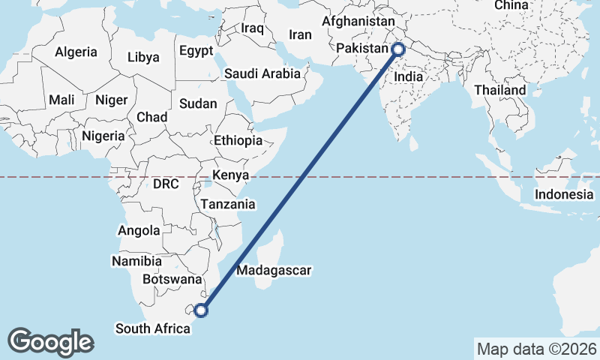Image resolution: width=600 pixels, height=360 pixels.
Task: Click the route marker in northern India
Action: [x=398, y=50]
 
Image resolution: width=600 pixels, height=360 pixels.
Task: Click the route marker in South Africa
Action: [x=200, y=310]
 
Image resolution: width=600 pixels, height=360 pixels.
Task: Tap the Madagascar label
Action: [x=274, y=270]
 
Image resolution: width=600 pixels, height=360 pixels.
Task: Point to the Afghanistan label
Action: [x=358, y=21]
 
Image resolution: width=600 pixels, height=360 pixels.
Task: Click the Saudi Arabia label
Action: [x=262, y=73]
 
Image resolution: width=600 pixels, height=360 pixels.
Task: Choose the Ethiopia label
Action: [x=238, y=140]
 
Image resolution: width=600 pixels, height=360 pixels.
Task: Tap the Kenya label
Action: [x=230, y=175]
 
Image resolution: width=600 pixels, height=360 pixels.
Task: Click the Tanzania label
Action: [x=228, y=204]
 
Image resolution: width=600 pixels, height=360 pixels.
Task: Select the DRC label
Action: [x=165, y=184]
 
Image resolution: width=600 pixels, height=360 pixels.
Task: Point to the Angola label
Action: [x=139, y=230]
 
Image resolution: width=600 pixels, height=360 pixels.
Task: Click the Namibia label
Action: [x=136, y=262]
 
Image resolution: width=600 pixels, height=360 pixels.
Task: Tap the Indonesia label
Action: [x=564, y=194]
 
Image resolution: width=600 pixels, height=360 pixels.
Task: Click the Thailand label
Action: [x=500, y=90]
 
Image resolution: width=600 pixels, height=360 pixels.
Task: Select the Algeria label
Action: [x=76, y=52]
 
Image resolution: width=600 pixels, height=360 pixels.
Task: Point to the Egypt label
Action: [x=196, y=51]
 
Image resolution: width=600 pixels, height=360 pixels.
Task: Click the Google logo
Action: [x=51, y=342]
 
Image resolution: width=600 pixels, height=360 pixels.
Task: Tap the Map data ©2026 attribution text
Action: [x=536, y=349]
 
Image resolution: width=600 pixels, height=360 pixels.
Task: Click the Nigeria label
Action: [x=102, y=136]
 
